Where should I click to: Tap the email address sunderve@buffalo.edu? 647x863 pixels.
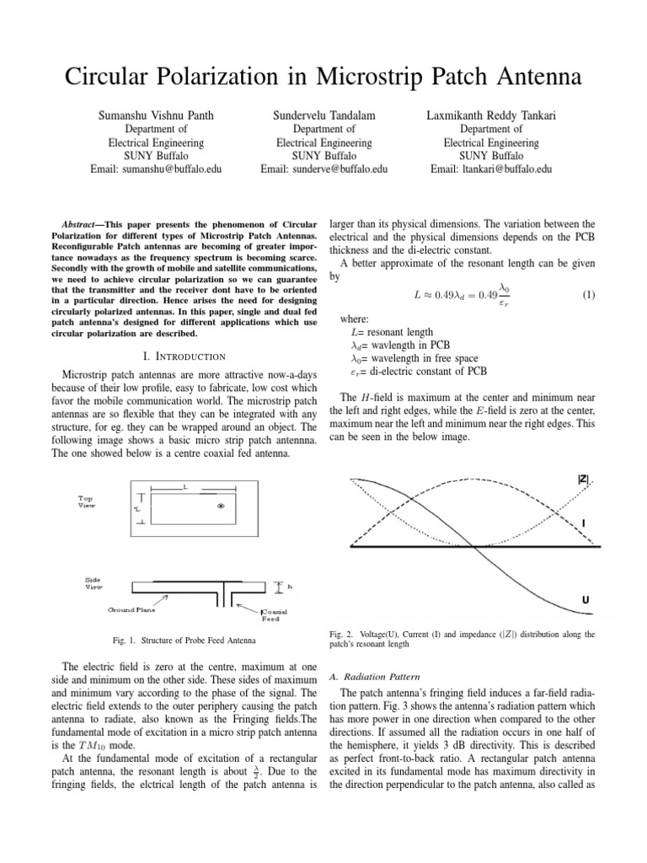[x=323, y=169]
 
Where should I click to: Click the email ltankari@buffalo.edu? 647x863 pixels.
[x=491, y=169]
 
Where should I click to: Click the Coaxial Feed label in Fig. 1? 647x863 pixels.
[x=274, y=614]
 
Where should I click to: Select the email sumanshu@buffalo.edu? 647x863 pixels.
[x=156, y=169]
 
